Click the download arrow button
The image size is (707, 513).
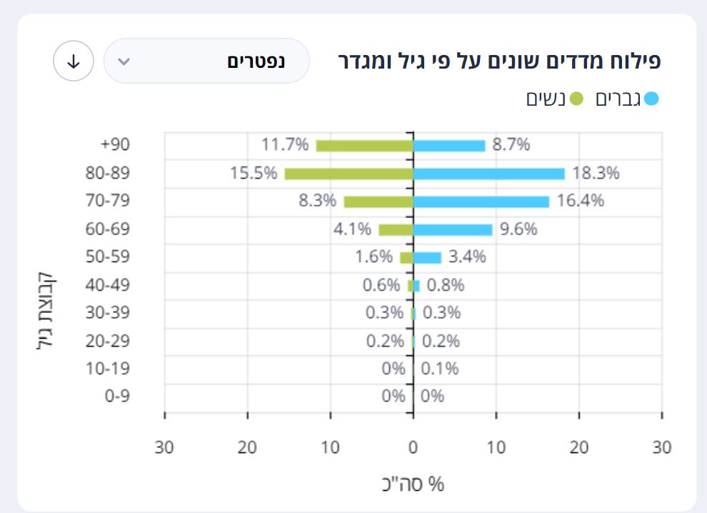73,61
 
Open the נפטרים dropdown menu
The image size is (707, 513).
206,61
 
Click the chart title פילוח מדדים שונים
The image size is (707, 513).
499,61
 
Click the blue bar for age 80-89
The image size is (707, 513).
488,174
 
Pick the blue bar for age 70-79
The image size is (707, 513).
481,201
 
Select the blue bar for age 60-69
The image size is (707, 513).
453,229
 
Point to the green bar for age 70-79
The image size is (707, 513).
378,201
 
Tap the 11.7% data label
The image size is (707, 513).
285,145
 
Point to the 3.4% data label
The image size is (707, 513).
467,256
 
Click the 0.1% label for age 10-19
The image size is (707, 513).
440,369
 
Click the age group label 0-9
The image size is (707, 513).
117,396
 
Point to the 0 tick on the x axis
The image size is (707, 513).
413,448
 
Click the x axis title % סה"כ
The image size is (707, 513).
413,484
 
